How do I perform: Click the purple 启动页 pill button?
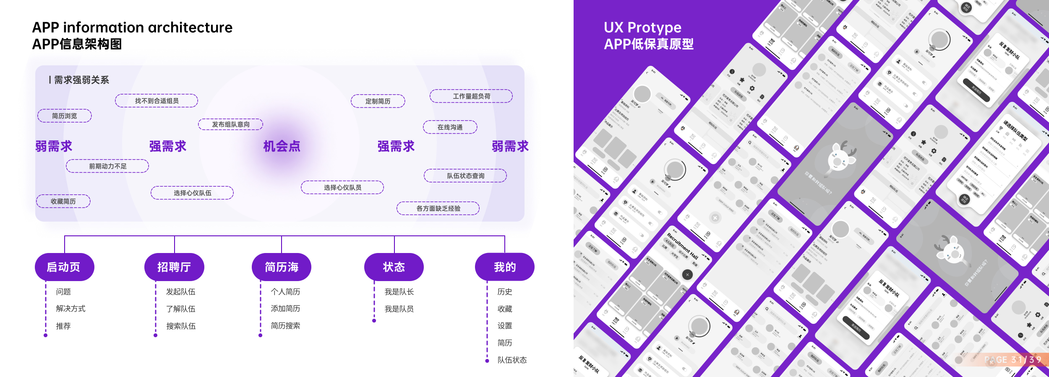(64, 267)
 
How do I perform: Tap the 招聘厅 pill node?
(174, 267)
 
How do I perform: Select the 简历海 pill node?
(282, 267)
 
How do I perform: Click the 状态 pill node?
(394, 267)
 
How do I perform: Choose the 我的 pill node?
(505, 267)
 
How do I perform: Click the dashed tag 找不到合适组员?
(157, 101)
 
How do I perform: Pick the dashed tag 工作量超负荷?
(471, 96)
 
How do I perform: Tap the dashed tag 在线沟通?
(450, 127)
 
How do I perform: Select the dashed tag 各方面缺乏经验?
(438, 208)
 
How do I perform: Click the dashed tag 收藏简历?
(63, 201)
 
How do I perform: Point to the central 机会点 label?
(282, 146)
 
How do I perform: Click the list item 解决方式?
(70, 309)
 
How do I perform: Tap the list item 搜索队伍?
(181, 326)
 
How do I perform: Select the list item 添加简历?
(285, 309)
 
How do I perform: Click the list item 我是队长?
(399, 292)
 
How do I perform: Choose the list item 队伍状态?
(512, 360)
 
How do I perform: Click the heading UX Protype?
(642, 28)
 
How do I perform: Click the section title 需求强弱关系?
(81, 80)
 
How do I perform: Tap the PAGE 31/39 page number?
(1012, 360)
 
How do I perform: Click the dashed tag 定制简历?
(378, 101)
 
